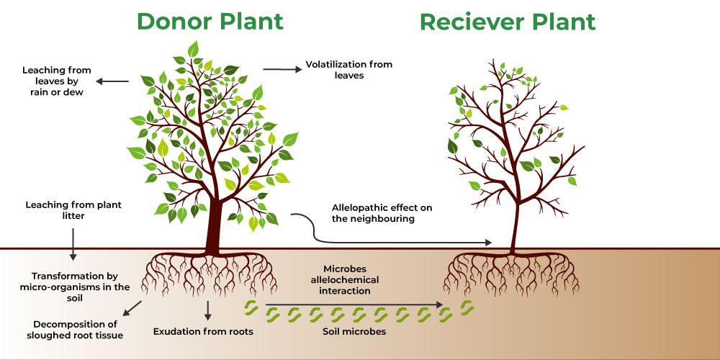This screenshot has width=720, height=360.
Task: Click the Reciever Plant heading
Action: tap(508, 22)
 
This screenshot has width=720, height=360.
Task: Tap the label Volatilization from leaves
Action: tap(349, 70)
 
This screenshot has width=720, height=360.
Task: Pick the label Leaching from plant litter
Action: tap(73, 210)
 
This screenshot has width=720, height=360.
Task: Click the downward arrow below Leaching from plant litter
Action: tap(73, 244)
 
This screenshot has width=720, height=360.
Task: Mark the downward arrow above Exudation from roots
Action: tap(208, 310)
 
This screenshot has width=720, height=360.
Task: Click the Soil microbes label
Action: tap(354, 332)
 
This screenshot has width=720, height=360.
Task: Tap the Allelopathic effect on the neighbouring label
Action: tap(382, 213)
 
